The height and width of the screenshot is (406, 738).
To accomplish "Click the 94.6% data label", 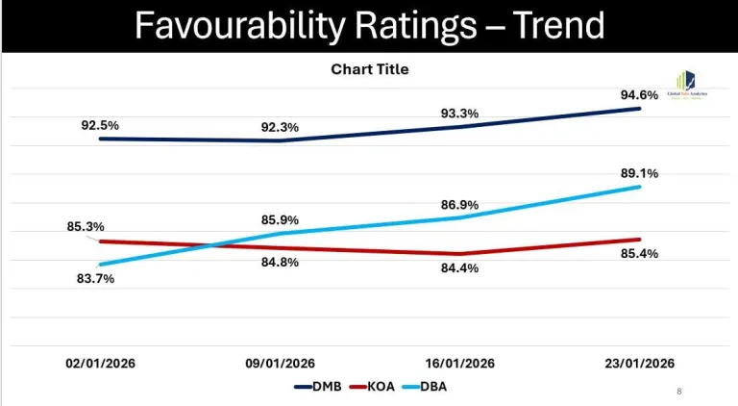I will (639, 95).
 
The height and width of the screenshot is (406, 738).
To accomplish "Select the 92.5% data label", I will (100, 125).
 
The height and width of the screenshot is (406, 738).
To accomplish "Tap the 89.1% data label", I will (639, 173).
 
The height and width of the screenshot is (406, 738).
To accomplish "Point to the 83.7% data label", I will (95, 278).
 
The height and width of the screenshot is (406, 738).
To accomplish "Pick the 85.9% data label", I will (280, 220).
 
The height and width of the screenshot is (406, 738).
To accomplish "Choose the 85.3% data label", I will (86, 227).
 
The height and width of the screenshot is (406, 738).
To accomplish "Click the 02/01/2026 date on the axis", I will (100, 363).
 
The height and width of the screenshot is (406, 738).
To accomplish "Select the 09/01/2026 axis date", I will (280, 363).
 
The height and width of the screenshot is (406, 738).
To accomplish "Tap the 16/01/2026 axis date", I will (460, 363).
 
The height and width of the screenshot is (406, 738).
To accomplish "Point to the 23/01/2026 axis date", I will (639, 363).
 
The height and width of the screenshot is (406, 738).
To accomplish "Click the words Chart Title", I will (370, 69).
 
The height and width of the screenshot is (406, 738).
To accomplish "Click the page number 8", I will (679, 392).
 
